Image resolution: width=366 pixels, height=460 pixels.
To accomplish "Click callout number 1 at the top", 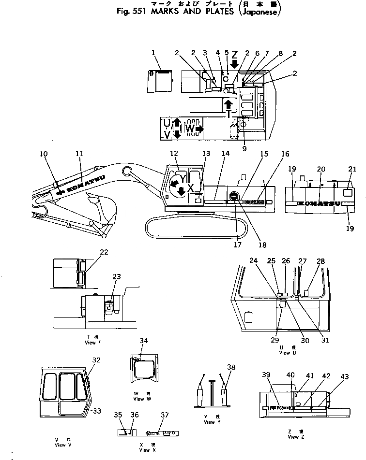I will [153, 52].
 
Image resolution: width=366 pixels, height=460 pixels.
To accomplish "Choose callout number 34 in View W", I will [143, 341].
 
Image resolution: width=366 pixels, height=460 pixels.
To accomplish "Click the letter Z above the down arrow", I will [234, 55].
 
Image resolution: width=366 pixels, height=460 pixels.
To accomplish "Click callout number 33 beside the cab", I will [97, 411].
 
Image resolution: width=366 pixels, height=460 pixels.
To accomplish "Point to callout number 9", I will [244, 149].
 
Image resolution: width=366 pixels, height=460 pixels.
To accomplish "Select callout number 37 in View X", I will [165, 415].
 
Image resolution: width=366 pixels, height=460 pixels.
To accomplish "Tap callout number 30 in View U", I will [305, 340].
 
